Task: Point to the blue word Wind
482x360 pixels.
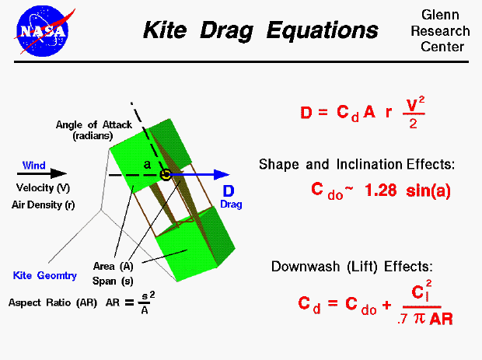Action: pos(33,165)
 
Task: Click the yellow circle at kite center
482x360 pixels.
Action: pos(165,174)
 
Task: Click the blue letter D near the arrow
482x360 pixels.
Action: pos(229,191)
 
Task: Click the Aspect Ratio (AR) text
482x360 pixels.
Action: pos(54,302)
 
